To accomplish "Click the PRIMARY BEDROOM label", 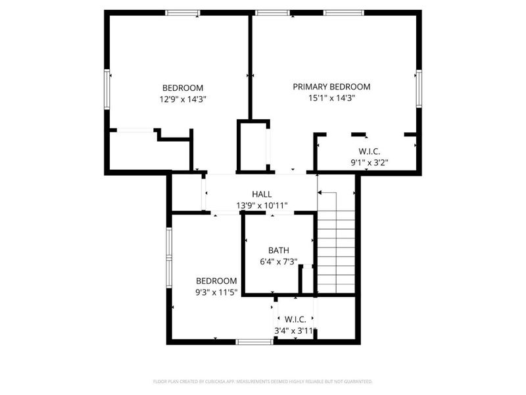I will pyautogui.click(x=331, y=86).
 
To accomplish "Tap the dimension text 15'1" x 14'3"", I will pyautogui.click(x=331, y=98).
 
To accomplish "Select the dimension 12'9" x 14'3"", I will pyautogui.click(x=183, y=99).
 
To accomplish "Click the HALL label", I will pyautogui.click(x=262, y=194).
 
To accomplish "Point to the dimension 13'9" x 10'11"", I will pyautogui.click(x=262, y=205).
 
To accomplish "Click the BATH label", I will pyautogui.click(x=278, y=250).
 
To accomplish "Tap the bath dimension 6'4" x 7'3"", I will pyautogui.click(x=279, y=261).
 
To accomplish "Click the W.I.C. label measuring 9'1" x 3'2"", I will pyautogui.click(x=369, y=151).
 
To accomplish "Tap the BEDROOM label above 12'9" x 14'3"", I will pyautogui.click(x=183, y=88).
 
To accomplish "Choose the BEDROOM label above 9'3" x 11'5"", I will pyautogui.click(x=216, y=280).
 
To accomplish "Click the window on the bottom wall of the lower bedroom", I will pyautogui.click(x=254, y=341).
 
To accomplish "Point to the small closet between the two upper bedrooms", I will pyautogui.click(x=253, y=146).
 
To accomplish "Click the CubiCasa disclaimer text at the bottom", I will pyautogui.click(x=263, y=381).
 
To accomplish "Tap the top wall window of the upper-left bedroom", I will pyautogui.click(x=183, y=13).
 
